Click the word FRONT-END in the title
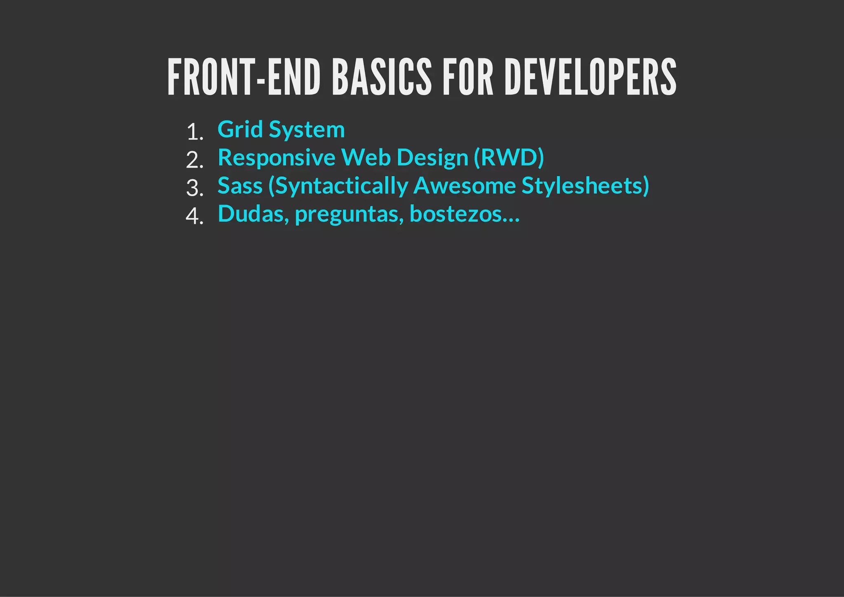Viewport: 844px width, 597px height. [x=244, y=77]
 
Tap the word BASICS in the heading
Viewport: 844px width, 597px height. [x=382, y=77]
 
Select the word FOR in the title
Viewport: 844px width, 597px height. [x=468, y=77]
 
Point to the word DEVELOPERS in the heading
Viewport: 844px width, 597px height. [x=590, y=77]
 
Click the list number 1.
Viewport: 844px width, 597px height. [x=195, y=132]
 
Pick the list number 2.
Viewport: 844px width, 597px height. [x=195, y=160]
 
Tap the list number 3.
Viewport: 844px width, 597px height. [x=195, y=188]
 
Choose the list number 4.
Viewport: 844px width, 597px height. [x=195, y=216]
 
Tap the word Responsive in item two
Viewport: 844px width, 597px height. [x=277, y=158]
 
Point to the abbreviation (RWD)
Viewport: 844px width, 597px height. [x=509, y=158]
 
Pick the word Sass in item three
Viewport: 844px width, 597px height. [x=240, y=186]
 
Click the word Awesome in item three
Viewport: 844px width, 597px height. [x=464, y=186]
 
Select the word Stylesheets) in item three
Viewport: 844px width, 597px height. [x=585, y=186]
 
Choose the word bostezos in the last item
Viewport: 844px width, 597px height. [x=456, y=214]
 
